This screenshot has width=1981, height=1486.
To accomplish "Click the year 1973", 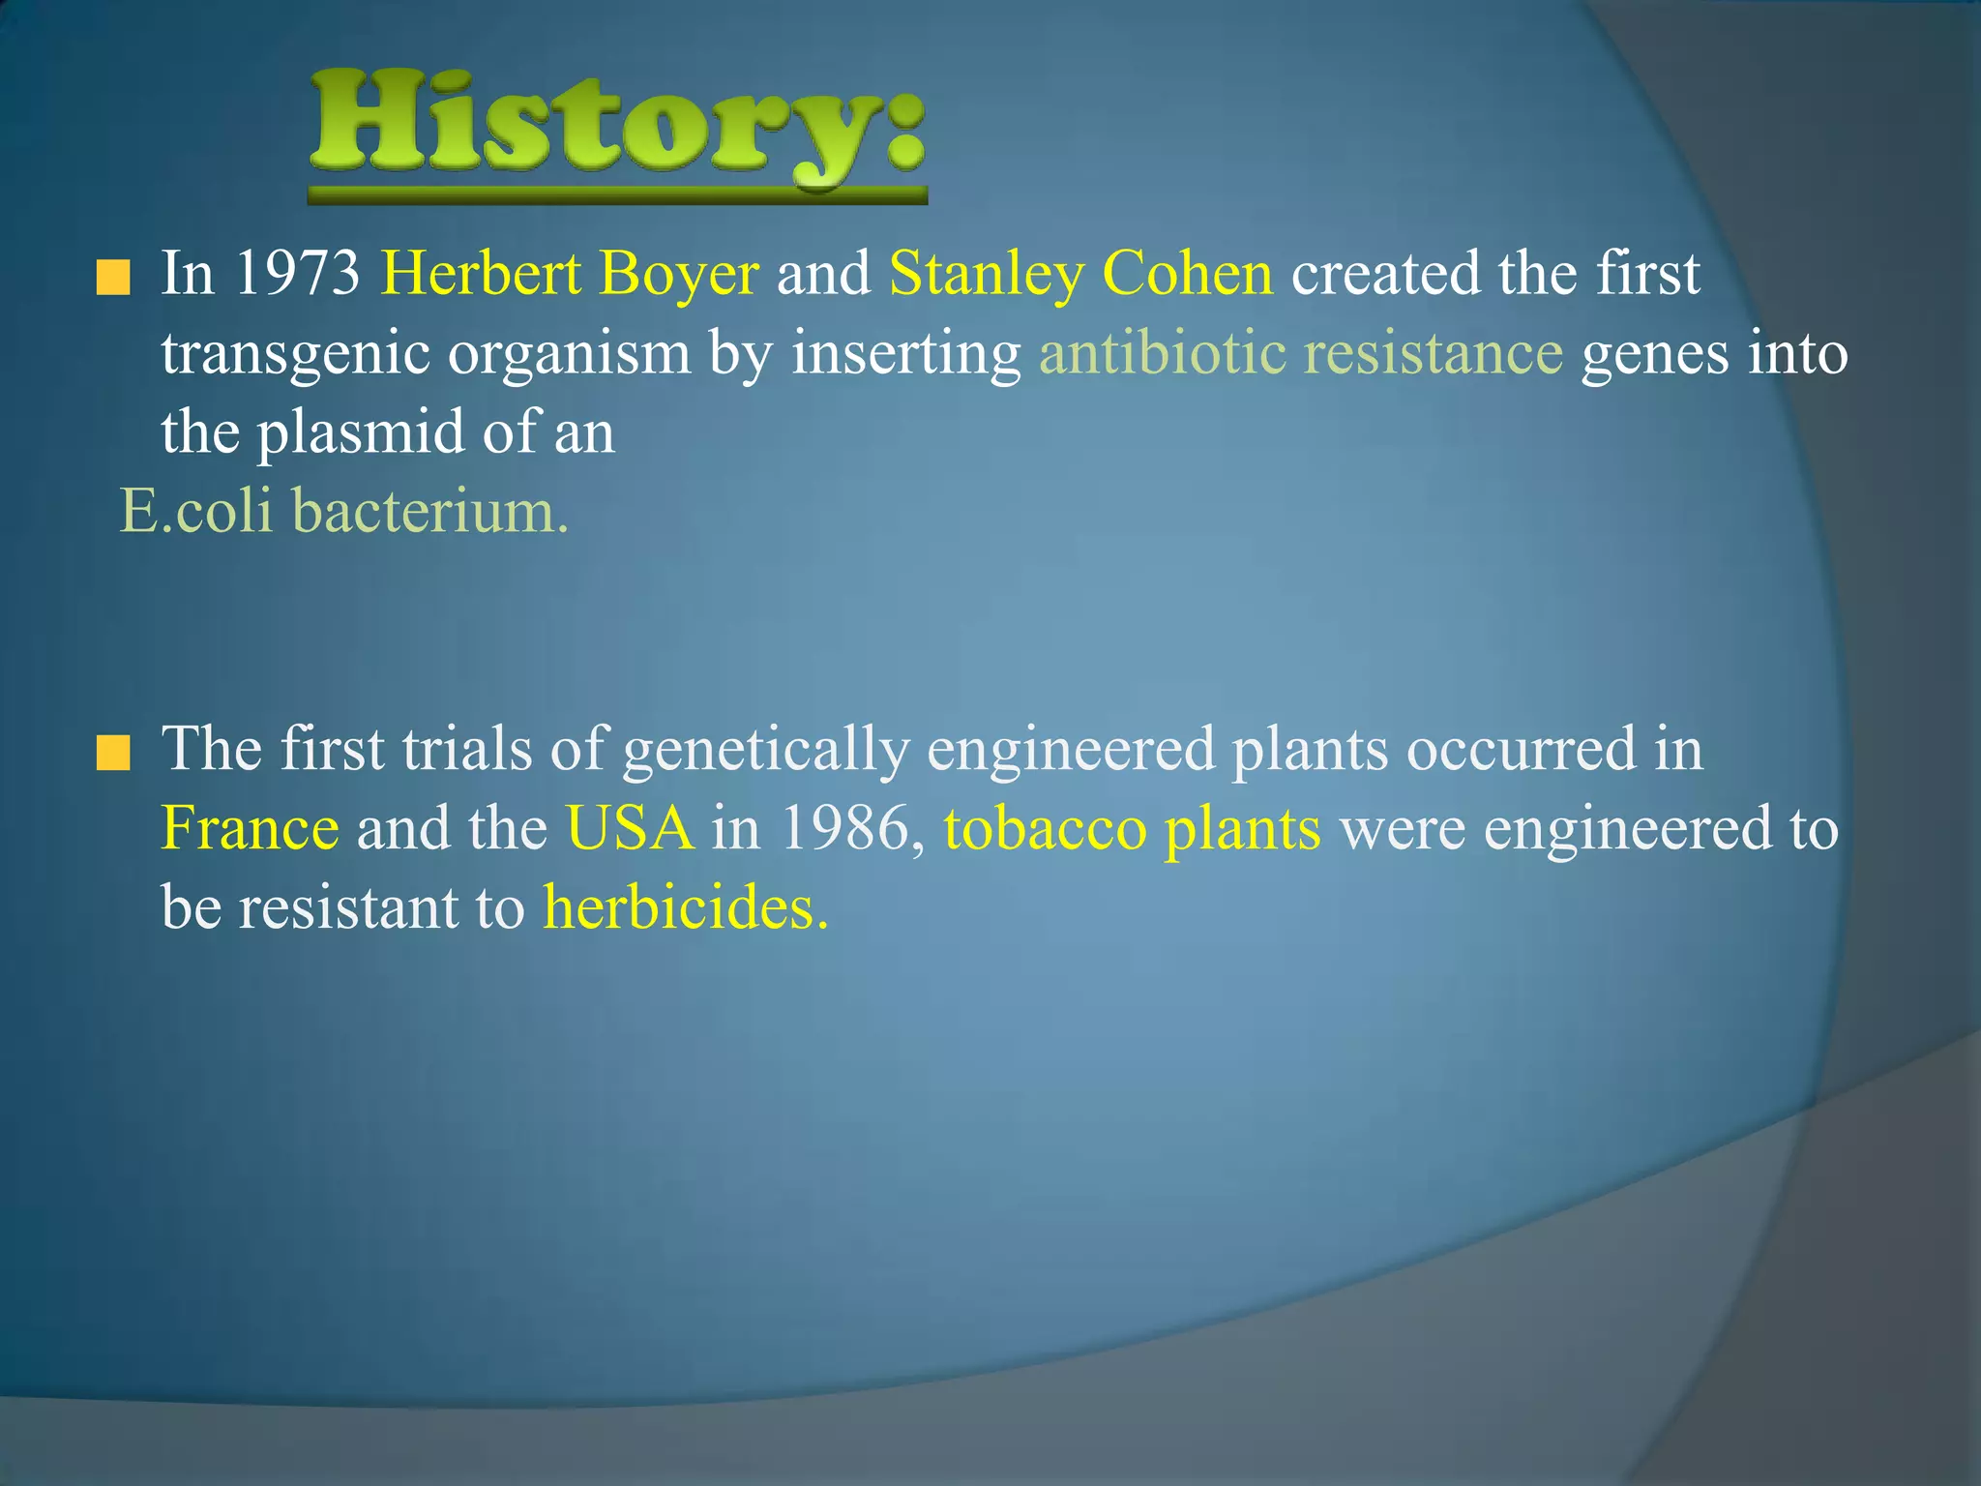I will click(x=297, y=275).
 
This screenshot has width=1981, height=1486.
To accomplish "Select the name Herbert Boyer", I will click(x=570, y=275).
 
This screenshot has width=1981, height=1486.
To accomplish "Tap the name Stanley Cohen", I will click(x=1080, y=275).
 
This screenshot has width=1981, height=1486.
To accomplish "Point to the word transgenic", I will click(x=295, y=354).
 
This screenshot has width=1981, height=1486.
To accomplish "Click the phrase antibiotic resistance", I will click(x=1300, y=353).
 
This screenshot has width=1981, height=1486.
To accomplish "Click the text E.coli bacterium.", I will click(x=343, y=511).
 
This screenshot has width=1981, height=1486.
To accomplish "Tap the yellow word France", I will click(x=250, y=830).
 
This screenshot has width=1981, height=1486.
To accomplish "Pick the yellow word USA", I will click(x=630, y=830).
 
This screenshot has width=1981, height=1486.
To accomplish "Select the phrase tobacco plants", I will click(x=1132, y=830).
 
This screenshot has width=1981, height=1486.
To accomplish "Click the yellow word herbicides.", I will click(x=685, y=908).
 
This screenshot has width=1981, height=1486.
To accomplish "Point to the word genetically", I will click(x=765, y=751).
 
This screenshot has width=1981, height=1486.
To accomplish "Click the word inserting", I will click(x=905, y=354).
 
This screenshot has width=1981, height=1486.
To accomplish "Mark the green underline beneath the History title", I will click(x=617, y=196).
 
